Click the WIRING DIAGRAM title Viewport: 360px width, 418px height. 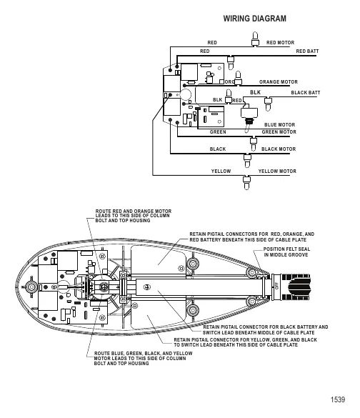point(255,19)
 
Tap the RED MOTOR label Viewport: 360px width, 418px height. point(280,42)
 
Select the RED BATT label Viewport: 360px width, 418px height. point(307,51)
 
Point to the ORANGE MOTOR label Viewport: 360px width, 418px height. point(279,82)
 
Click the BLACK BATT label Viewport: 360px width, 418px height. point(306,92)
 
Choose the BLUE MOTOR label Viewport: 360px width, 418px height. point(279,125)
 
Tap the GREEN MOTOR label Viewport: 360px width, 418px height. point(279,131)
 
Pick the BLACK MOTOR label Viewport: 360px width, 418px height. point(279,149)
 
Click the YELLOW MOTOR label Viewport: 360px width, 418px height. point(277,171)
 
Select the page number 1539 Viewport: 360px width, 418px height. point(338,399)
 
